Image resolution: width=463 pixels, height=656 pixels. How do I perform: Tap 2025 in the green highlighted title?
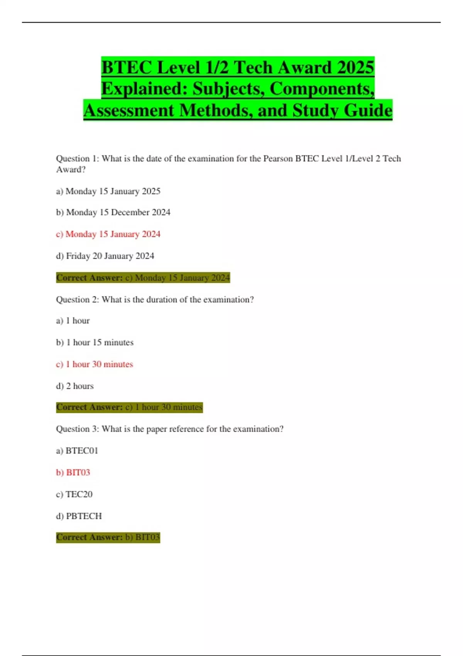tap(355, 68)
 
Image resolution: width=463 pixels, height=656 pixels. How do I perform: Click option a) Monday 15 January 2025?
tap(108, 191)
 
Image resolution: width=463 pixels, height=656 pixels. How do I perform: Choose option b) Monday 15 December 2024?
tap(113, 212)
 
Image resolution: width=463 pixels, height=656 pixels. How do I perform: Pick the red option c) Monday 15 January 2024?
tap(108, 234)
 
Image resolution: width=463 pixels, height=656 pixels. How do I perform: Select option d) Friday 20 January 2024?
tap(105, 256)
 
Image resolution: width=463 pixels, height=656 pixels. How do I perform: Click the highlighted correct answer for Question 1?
tap(143, 277)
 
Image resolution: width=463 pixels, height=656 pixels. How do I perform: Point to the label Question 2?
tap(78, 299)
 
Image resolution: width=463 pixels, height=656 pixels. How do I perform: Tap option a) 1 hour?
tap(73, 321)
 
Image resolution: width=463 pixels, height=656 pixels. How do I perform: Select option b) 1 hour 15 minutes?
tap(95, 342)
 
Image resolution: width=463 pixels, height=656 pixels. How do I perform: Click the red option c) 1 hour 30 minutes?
tap(95, 364)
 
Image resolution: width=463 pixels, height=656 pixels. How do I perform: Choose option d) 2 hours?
tap(75, 386)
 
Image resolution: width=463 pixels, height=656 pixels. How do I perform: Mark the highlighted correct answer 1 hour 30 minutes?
tap(168, 407)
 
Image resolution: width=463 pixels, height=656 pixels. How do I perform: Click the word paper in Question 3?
tap(157, 429)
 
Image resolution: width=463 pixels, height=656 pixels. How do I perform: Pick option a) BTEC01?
tap(77, 451)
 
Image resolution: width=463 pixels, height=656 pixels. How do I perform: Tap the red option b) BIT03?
tap(73, 472)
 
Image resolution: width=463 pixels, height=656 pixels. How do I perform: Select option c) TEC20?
tap(74, 494)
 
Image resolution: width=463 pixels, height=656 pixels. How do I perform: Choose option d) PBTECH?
tap(79, 516)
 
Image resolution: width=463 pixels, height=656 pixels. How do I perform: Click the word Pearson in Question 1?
tap(278, 159)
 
